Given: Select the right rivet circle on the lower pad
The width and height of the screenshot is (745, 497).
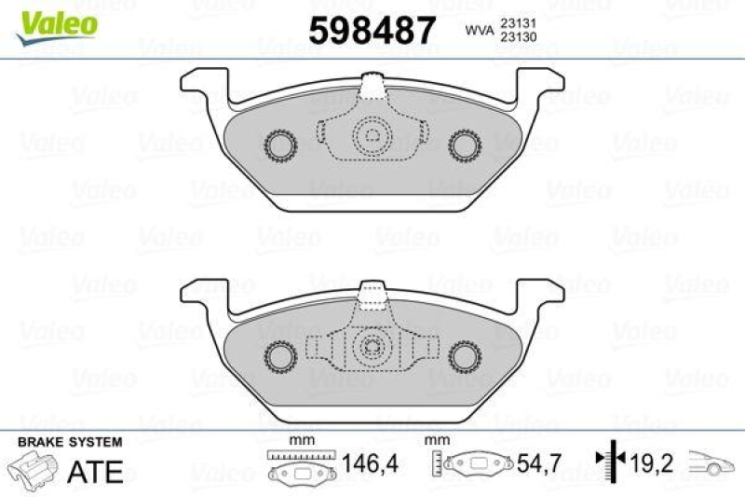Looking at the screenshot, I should pos(464,353).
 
